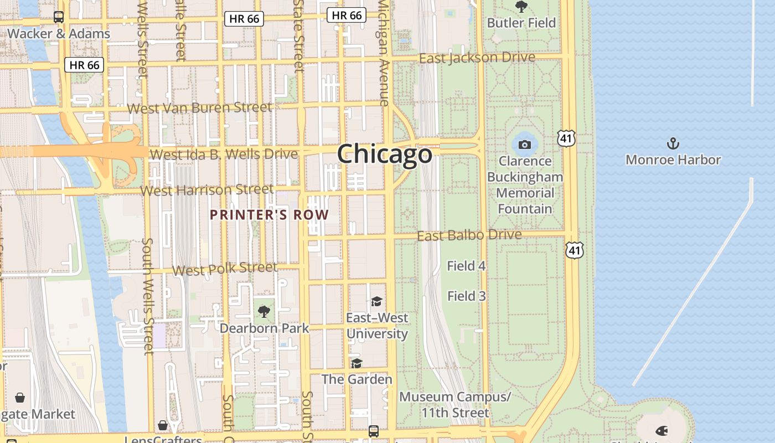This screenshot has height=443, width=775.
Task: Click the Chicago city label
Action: pos(385,153)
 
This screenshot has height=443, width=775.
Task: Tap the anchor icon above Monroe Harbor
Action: pos(673,144)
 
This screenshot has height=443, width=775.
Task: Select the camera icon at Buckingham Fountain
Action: pos(525,145)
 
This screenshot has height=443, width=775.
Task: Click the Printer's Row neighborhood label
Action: pos(269,215)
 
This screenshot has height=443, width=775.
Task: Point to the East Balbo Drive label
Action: pos(469,235)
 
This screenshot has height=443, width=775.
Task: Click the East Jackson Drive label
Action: pos(477,58)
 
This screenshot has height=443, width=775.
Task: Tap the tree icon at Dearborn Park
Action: pos(264,311)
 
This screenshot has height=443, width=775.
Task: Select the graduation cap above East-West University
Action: pos(376,301)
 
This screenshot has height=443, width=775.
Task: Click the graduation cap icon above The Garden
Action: pos(356,363)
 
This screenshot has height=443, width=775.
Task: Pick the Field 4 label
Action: pos(466,266)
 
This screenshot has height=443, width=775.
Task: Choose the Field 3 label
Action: pos(466,296)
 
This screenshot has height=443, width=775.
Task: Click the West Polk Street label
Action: pos(225,269)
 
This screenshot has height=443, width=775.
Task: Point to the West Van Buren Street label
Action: pos(199,107)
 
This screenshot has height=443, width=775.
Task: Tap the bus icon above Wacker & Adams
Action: pos(59,17)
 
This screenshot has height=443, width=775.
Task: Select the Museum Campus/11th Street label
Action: pos(455,405)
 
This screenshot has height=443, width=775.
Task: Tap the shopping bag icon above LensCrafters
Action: pos(163,425)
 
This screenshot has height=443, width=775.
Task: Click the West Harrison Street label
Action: pos(207,190)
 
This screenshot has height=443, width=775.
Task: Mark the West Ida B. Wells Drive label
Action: pos(224,154)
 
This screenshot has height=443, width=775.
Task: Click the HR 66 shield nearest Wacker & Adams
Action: pos(85,65)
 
